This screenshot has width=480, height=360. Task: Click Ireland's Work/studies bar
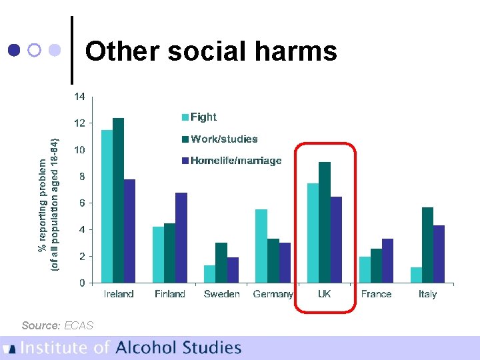click(x=119, y=200)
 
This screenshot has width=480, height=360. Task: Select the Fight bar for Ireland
click(x=107, y=206)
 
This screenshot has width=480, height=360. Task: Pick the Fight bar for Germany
click(x=261, y=246)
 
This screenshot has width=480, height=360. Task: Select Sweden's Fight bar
click(x=209, y=274)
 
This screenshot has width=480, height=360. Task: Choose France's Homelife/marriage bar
click(x=387, y=261)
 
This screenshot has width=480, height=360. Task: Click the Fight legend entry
click(x=199, y=117)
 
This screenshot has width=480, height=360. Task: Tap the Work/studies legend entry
click(x=219, y=139)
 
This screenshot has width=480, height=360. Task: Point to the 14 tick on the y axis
click(x=79, y=97)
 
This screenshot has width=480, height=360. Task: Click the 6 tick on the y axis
click(x=82, y=203)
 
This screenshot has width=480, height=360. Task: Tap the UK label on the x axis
click(x=325, y=294)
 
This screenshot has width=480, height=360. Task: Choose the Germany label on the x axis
click(x=273, y=294)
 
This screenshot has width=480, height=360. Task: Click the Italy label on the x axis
click(x=427, y=294)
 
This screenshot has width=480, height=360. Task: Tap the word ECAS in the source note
click(x=79, y=325)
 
